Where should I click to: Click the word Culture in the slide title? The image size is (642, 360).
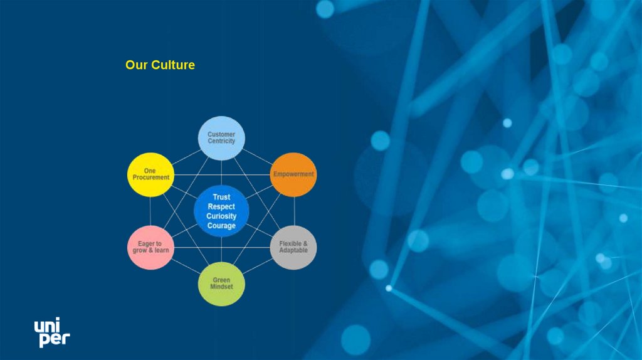coord(173,65)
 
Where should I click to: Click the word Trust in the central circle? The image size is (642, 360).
coord(221,197)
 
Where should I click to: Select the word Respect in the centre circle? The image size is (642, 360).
coord(221,206)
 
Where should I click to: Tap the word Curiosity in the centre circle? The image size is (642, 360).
coord(221,216)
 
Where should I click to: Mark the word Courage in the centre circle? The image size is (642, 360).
coord(221,226)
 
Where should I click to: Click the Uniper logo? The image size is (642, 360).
coord(51,332)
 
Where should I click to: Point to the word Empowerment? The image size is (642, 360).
coord(293,174)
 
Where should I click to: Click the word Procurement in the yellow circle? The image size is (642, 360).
coord(150,177)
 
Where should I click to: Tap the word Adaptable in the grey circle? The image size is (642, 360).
coord(293,250)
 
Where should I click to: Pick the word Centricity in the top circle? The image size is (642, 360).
coord(221,141)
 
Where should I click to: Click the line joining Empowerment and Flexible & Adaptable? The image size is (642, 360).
coord(294,211)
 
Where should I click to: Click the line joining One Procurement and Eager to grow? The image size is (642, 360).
coord(150,211)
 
